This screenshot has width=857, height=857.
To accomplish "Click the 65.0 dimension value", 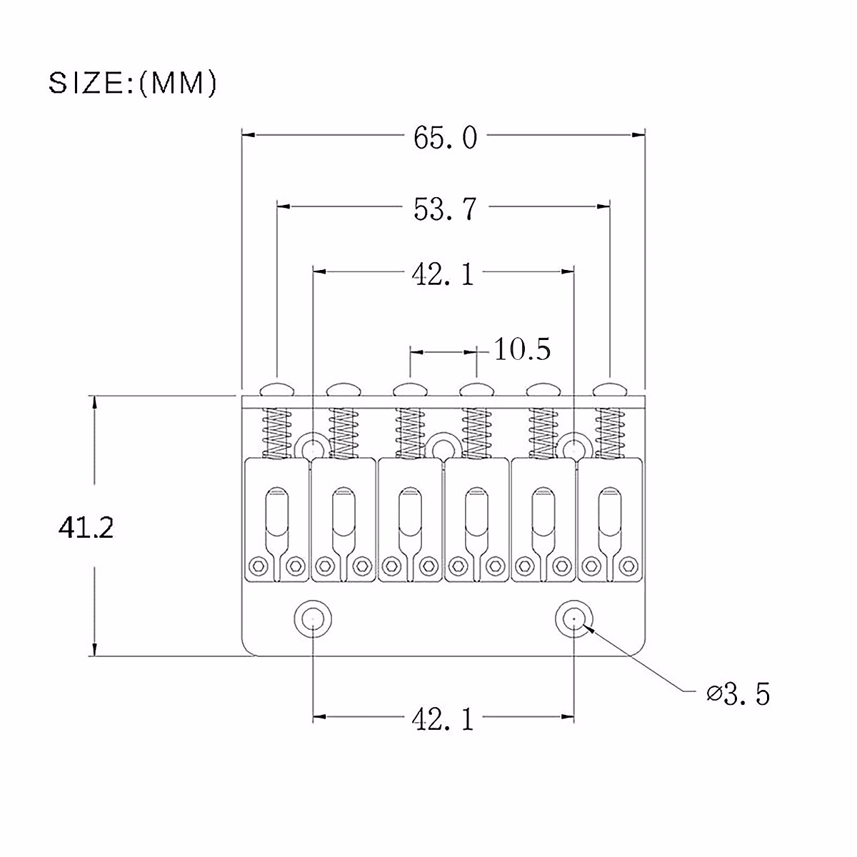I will tap(444, 138).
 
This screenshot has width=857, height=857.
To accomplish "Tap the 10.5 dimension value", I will tap(522, 350).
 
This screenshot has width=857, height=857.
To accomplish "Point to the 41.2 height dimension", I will tap(86, 528).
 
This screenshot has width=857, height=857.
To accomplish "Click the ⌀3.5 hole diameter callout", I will tap(738, 693).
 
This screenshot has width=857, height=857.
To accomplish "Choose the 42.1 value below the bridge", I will tap(443, 719).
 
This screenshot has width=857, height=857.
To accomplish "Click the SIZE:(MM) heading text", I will tap(132, 84).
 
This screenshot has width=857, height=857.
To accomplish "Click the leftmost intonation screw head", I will tap(276, 389).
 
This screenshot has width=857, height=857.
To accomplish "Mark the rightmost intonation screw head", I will tap(609, 389).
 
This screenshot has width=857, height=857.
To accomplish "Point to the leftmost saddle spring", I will tap(276, 432).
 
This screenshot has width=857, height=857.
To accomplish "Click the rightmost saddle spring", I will tap(609, 432).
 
